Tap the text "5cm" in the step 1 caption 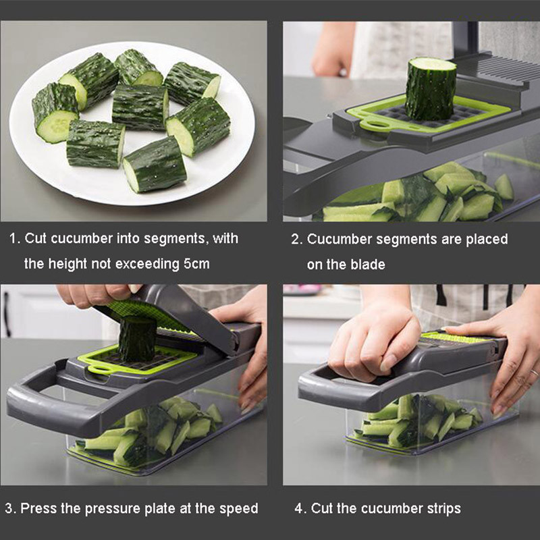pyautogui.click(x=196, y=264)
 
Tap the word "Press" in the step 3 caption pyautogui.click(x=38, y=508)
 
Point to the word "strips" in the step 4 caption pyautogui.click(x=442, y=508)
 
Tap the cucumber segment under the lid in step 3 pyautogui.click(x=137, y=337)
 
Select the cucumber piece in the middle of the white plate pyautogui.click(x=140, y=107)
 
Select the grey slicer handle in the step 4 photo pyautogui.click(x=324, y=385)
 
